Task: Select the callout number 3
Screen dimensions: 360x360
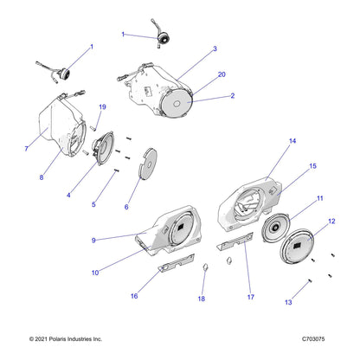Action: pos(215,49)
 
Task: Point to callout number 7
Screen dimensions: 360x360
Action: pos(27,149)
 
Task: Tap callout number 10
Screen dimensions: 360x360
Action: pos(94,273)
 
